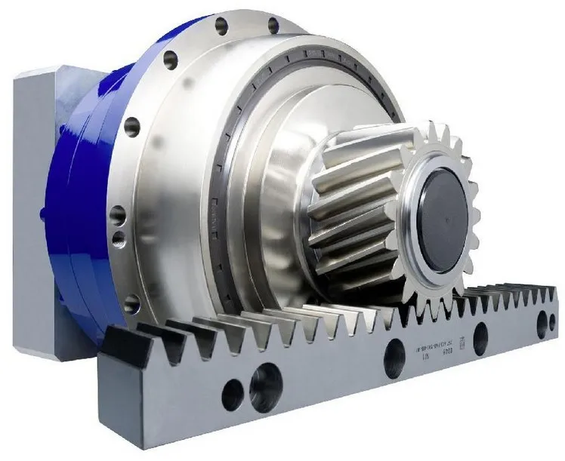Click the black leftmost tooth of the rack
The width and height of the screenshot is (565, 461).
[x=122, y=344]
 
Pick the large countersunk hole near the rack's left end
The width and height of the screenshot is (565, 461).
[x=264, y=376]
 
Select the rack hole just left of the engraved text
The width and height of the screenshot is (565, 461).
[x=392, y=351]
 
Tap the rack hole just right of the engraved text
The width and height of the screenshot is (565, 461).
[x=480, y=332]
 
